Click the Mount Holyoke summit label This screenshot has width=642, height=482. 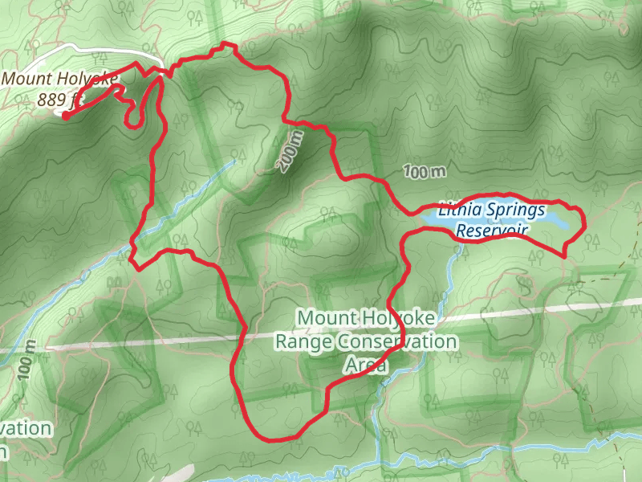(61, 80)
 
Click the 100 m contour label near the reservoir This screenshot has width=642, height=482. (425, 171)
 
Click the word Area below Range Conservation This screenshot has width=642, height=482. (365, 366)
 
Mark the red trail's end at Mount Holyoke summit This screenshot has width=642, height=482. (64, 116)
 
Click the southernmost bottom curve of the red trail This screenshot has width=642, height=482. (277, 438)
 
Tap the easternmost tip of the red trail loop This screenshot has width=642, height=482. (583, 219)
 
